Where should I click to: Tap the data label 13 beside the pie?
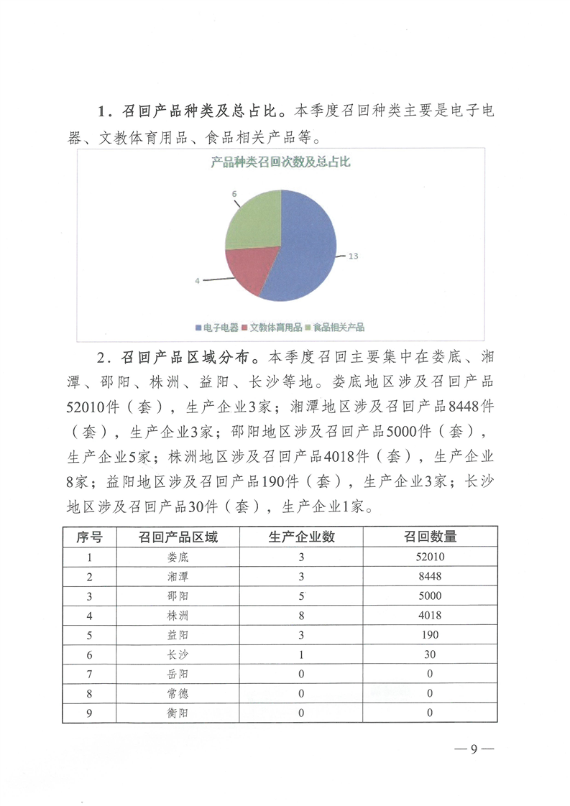(354, 255)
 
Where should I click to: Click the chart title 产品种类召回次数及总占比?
(280, 163)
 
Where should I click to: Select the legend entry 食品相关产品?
(336, 328)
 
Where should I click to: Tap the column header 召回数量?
(430, 537)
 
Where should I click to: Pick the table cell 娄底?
(177, 557)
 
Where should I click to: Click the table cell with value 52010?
(430, 557)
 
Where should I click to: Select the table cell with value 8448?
(430, 576)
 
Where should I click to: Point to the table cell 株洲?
(177, 615)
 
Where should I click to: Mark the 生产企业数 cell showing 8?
(301, 615)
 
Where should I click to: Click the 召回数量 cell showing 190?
(430, 635)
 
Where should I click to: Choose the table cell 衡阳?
(177, 713)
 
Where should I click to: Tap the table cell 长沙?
(177, 654)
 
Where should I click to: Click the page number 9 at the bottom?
(474, 749)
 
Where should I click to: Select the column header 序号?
(89, 537)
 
